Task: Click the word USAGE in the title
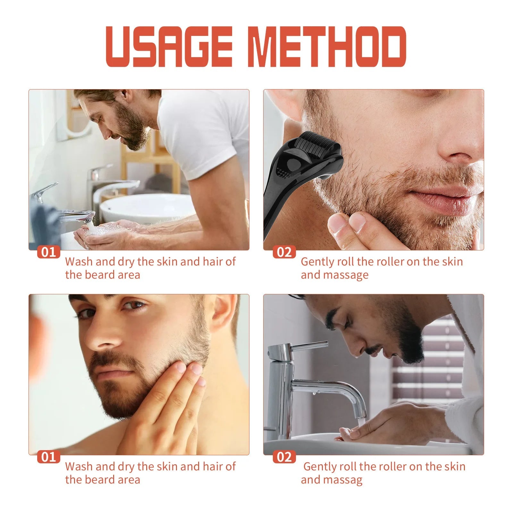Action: pos(169,47)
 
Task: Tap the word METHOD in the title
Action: pos(327,47)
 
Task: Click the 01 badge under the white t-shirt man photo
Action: pos(48,252)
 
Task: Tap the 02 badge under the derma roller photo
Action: pos(284,252)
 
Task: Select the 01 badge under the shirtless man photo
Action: pos(48,457)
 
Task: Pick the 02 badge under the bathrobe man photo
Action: pos(284,457)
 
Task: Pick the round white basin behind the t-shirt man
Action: pos(147,207)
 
